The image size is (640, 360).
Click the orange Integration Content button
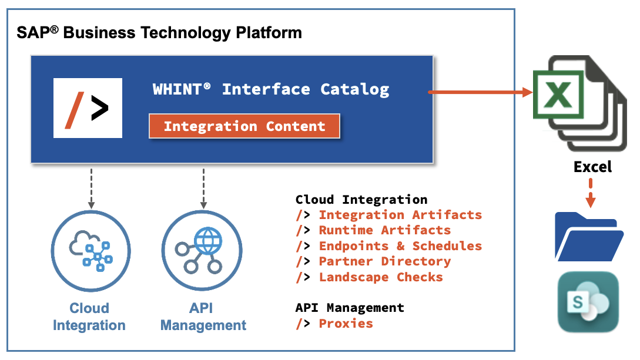tap(244, 126)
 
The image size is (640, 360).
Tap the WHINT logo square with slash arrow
tap(88, 108)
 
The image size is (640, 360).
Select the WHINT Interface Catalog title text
tap(271, 89)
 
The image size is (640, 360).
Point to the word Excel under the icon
tap(592, 167)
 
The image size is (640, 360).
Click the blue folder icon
tap(588, 237)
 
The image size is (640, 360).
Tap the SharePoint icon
tap(588, 301)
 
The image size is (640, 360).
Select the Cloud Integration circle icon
tap(90, 250)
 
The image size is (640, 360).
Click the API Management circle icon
tap(202, 250)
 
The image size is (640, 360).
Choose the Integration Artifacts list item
tap(400, 215)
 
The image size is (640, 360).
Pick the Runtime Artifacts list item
tap(384, 230)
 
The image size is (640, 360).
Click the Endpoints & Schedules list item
tap(400, 246)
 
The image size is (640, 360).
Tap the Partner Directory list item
tap(384, 261)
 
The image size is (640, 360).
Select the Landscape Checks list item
tap(380, 277)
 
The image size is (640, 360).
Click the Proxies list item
tap(346, 324)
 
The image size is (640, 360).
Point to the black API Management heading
tap(350, 308)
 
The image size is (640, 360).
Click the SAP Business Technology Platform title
tap(159, 32)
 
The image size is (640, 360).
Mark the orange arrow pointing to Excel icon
tap(480, 92)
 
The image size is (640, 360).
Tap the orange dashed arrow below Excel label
tap(591, 192)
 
